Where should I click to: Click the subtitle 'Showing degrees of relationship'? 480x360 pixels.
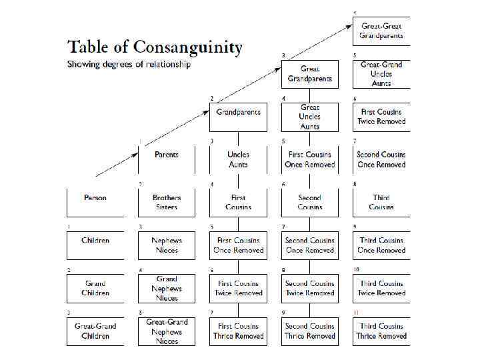[129, 65]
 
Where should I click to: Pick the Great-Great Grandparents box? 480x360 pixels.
[381, 31]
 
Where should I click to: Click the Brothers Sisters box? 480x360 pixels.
[167, 202]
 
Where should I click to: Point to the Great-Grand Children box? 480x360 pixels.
[95, 331]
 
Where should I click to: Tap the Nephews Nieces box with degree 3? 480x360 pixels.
[167, 245]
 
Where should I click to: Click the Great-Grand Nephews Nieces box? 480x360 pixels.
[167, 331]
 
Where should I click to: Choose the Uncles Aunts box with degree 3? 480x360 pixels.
[238, 159]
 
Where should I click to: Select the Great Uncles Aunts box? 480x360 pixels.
[310, 117]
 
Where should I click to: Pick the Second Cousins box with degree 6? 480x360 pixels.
[310, 202]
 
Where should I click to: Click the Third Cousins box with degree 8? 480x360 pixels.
[381, 202]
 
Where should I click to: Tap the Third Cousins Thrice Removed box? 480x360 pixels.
[381, 331]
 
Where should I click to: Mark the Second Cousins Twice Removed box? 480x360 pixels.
[310, 288]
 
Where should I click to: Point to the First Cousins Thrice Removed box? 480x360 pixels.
[238, 331]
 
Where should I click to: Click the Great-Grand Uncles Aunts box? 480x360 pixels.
[381, 74]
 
